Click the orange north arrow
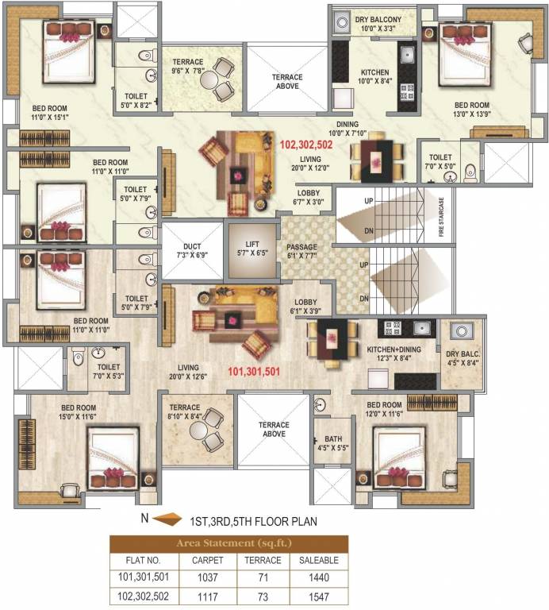[x=167, y=519]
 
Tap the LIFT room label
[x=252, y=249]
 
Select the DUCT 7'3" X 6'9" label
[x=192, y=251]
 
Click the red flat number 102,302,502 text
[x=306, y=145]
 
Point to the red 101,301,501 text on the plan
[x=254, y=372]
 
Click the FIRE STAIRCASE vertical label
[x=441, y=217]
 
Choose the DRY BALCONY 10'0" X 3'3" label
[x=378, y=24]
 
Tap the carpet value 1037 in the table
[x=208, y=577]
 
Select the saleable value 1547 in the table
[x=319, y=596]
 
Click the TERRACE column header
[x=263, y=560]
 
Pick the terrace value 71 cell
[x=263, y=577]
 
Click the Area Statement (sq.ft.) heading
[x=234, y=543]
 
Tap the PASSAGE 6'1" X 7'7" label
[x=302, y=251]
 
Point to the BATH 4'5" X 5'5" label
[x=333, y=443]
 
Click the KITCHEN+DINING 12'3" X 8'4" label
[x=394, y=353]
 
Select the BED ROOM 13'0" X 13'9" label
[x=472, y=110]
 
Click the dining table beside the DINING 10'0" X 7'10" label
[x=377, y=160]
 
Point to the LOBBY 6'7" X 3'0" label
[x=309, y=197]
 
